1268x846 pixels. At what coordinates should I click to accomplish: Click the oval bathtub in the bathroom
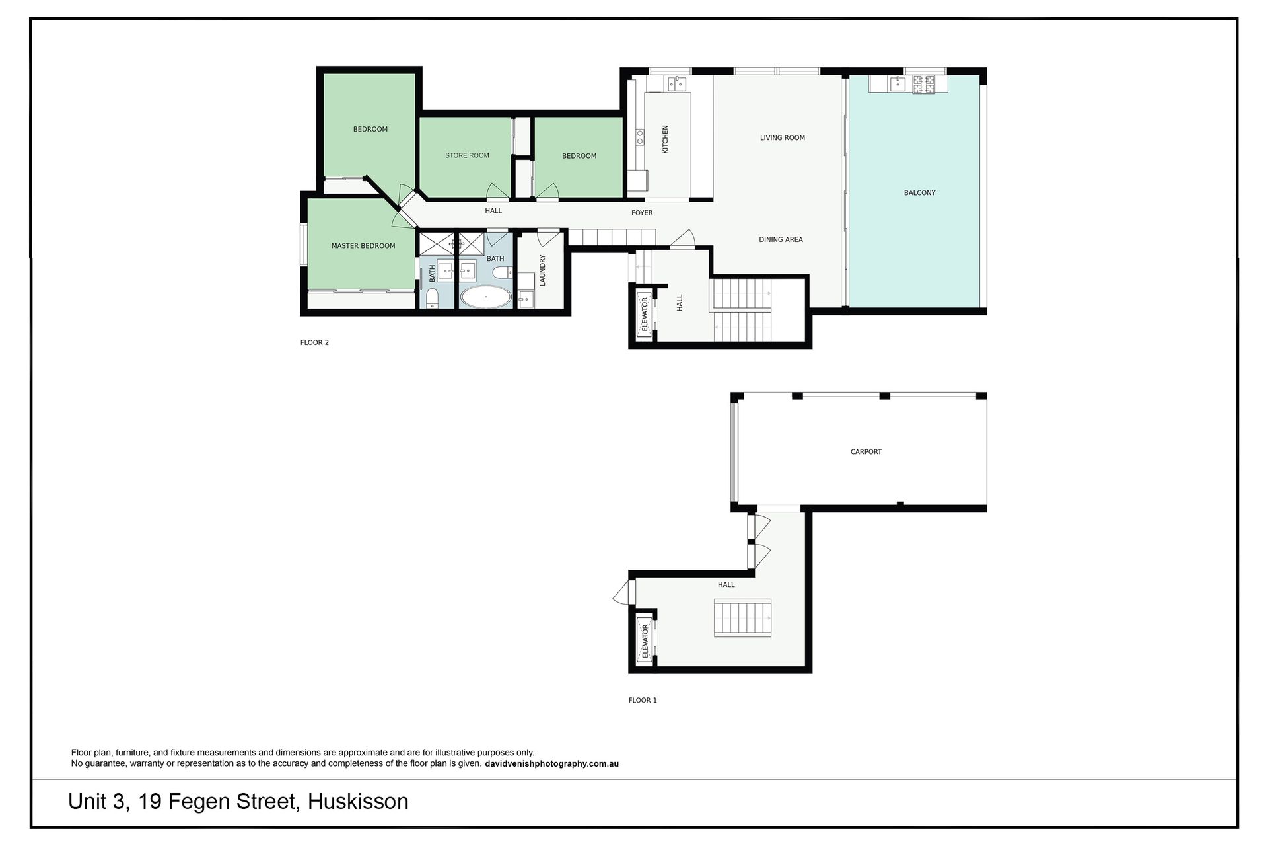pos(485,297)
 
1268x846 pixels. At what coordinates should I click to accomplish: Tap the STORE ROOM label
pos(467,155)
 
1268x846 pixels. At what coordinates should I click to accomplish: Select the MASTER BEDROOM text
pos(363,246)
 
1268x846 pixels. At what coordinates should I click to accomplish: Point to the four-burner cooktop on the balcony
pos(924,83)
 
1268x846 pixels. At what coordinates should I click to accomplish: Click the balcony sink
pos(897,83)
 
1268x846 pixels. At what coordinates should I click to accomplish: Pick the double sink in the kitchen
pos(676,83)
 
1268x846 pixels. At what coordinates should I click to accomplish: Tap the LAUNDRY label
pos(542,270)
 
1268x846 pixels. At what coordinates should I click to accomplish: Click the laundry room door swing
pos(549,237)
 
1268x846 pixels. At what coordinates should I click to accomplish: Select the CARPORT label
pos(866,452)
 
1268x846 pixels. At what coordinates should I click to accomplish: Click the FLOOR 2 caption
pos(314,342)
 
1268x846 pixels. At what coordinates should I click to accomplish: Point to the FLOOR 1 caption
pos(643,700)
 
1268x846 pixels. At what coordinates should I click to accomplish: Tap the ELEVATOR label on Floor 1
pos(645,642)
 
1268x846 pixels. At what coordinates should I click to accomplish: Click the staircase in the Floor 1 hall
pos(743,619)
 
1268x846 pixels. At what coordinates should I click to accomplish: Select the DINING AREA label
pos(781,239)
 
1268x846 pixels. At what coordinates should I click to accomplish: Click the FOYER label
pos(642,213)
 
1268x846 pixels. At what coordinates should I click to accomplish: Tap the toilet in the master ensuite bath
pos(432,299)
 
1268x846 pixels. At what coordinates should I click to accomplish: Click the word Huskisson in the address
pos(359,802)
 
